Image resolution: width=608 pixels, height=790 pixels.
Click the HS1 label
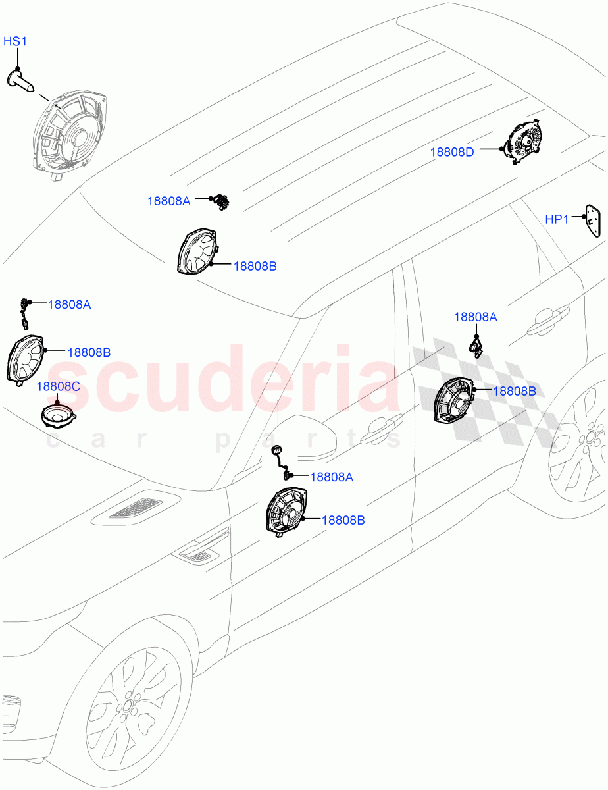pos(15,41)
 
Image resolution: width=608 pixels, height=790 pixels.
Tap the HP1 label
pos(556,219)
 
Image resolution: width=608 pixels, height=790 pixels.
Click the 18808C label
pos(58,386)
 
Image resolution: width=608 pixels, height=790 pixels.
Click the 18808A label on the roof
pos(168,201)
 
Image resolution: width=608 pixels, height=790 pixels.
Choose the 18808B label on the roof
pos(255,267)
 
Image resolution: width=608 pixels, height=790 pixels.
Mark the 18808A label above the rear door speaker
pos(476,317)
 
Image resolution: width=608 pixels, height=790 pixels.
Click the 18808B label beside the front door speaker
pos(343,520)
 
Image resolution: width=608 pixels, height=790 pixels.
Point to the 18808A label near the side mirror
pos(332,477)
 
